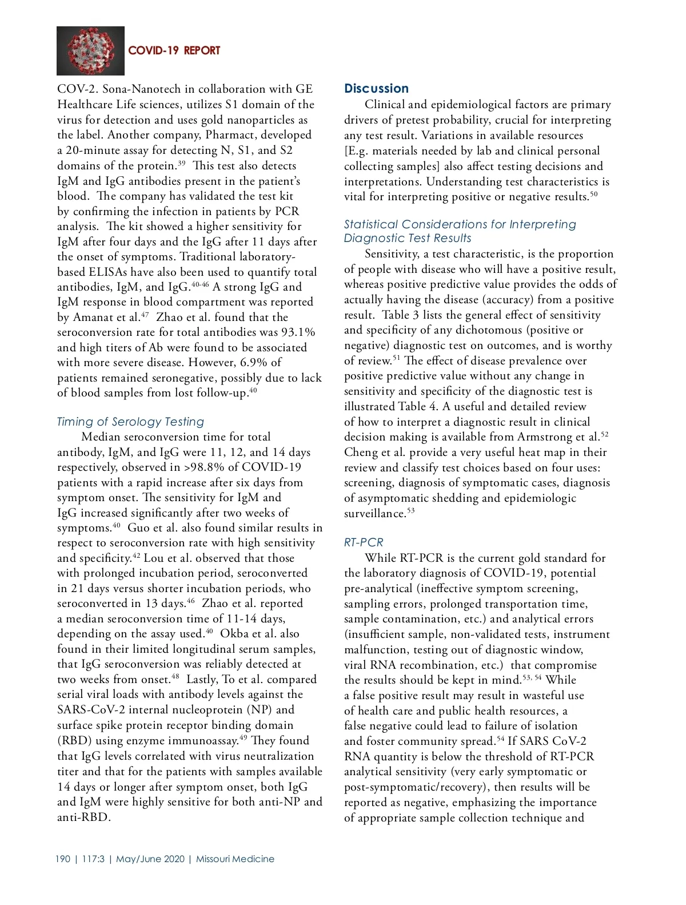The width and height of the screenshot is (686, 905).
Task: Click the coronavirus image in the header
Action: [x=90, y=50]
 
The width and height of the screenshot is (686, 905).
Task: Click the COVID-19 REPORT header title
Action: [x=174, y=50]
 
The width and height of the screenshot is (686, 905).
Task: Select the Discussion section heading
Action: [x=376, y=89]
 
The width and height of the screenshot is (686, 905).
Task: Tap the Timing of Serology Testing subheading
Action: [x=130, y=422]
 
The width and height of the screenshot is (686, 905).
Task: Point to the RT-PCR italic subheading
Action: [x=364, y=542]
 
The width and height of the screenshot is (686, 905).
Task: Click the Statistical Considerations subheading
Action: [x=460, y=231]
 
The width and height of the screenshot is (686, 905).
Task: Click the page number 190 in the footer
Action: [x=63, y=859]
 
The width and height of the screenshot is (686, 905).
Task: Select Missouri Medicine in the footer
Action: [x=235, y=859]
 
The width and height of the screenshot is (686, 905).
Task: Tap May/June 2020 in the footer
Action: [x=150, y=859]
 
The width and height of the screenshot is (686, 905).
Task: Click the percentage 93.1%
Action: [x=298, y=332]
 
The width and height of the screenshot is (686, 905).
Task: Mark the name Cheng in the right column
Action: [x=360, y=453]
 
